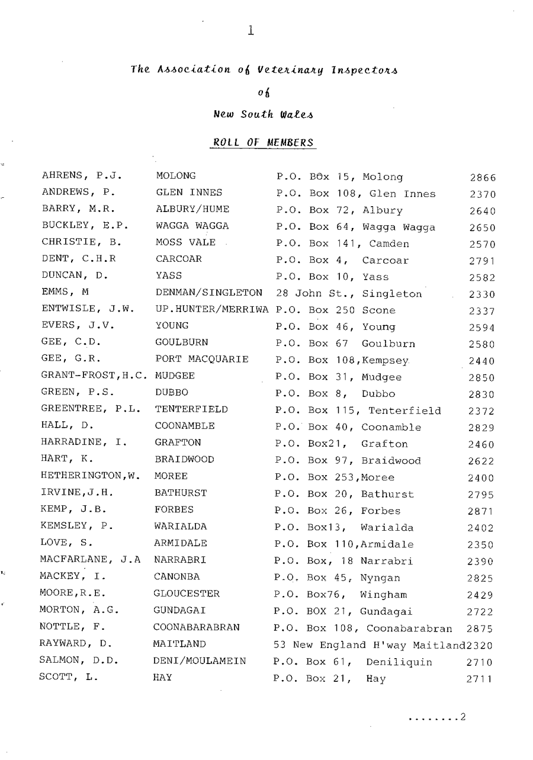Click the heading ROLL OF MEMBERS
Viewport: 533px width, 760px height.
(x=262, y=143)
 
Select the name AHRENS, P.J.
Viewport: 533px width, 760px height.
(x=82, y=177)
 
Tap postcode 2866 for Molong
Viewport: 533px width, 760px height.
(x=482, y=178)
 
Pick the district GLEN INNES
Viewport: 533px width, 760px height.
(x=189, y=193)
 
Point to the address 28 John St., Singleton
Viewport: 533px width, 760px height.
(x=349, y=294)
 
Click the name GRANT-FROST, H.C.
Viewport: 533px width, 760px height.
(x=94, y=377)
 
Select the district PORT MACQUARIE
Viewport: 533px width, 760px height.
(x=201, y=360)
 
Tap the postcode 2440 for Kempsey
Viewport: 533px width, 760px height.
(x=482, y=361)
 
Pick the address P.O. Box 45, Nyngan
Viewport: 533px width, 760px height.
(x=337, y=578)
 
